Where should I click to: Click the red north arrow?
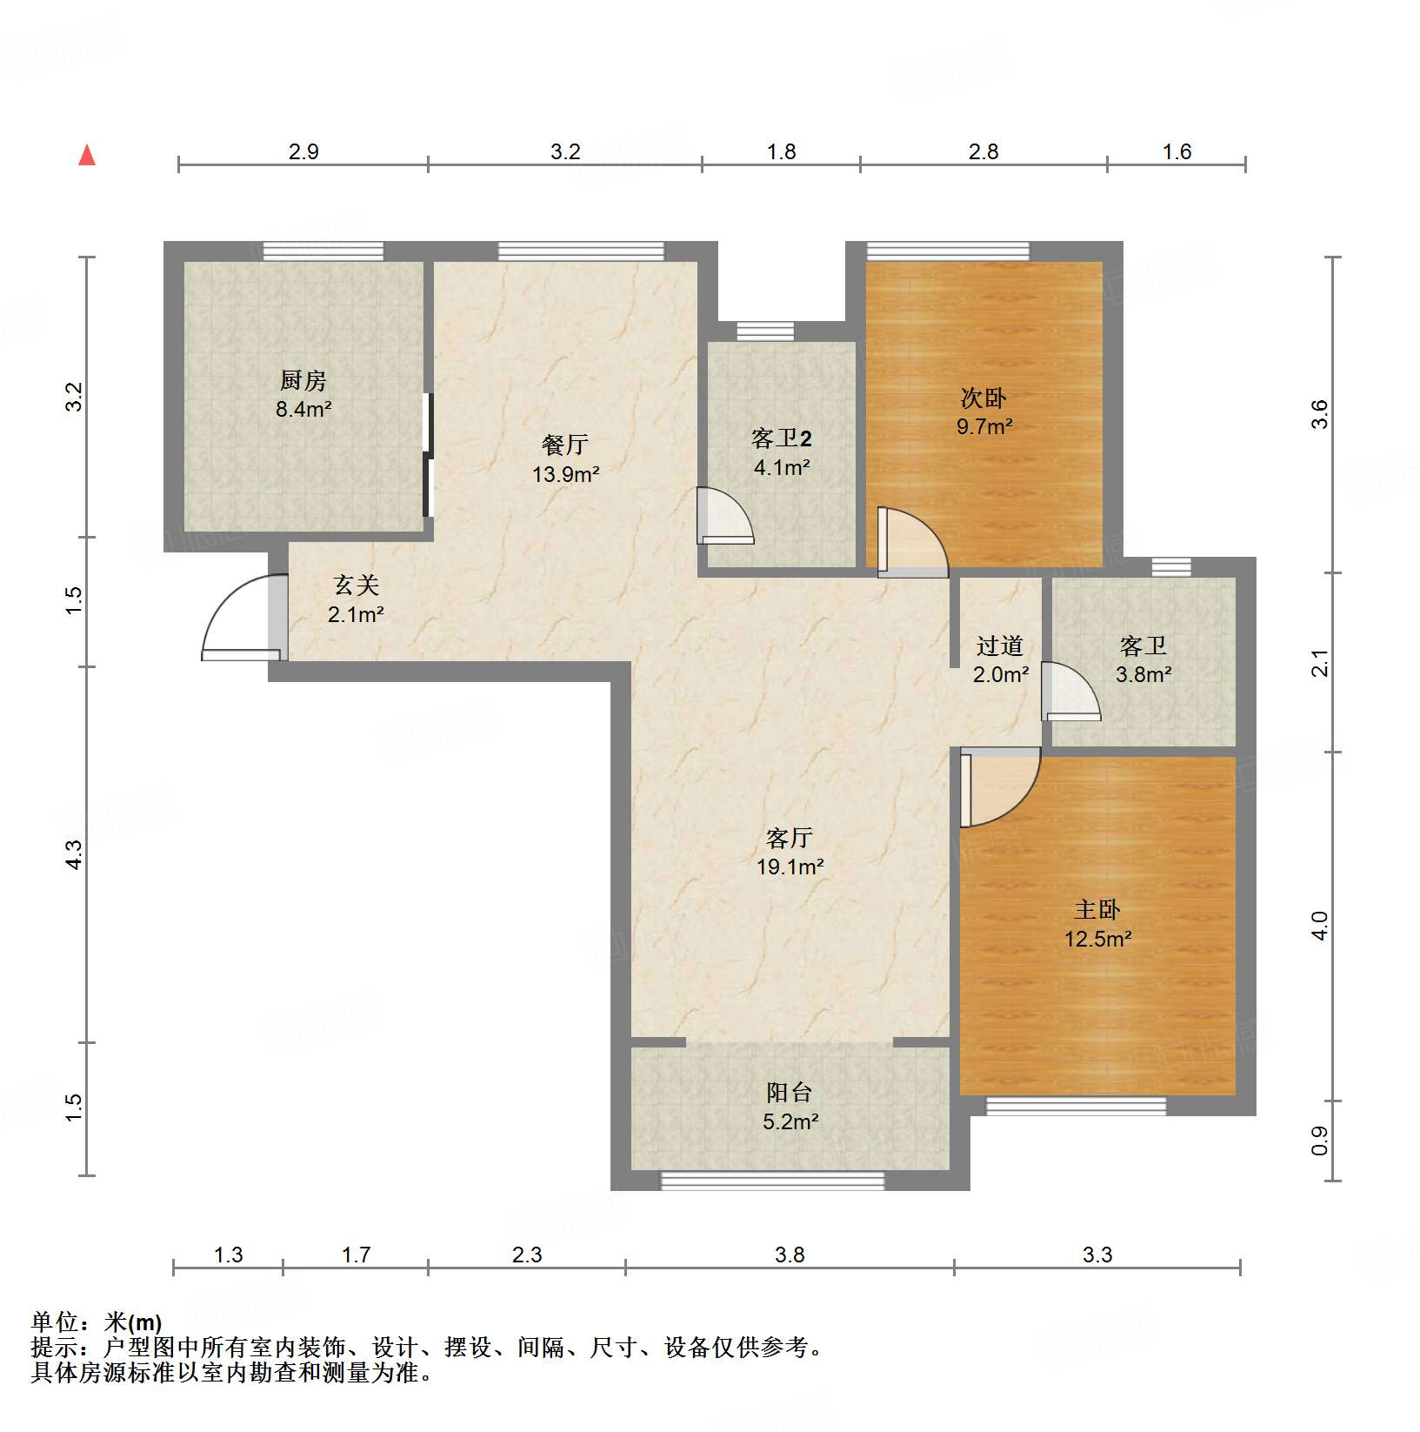tap(87, 155)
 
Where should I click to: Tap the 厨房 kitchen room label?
tap(303, 380)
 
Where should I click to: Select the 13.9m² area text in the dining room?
tap(566, 474)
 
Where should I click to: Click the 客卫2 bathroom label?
tap(781, 438)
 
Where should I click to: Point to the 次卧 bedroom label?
tap(983, 398)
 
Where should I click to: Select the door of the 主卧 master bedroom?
tap(1000, 787)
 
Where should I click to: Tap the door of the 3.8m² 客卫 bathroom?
tap(1070, 692)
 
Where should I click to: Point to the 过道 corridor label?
tap(999, 646)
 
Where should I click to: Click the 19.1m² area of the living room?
tap(790, 867)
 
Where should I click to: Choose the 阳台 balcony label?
tap(790, 1093)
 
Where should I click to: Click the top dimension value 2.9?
tap(303, 151)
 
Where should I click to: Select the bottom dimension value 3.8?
tap(790, 1255)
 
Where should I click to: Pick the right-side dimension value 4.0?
tap(1319, 926)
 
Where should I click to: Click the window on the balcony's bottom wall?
tap(772, 1181)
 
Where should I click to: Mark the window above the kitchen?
tap(323, 251)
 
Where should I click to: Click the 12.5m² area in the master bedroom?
tap(1097, 939)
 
